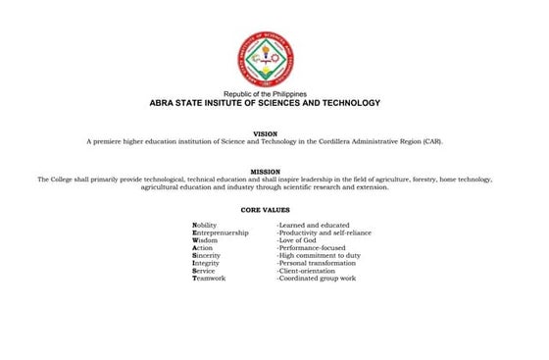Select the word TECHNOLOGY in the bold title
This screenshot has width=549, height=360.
(344, 102)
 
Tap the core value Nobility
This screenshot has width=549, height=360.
(208, 225)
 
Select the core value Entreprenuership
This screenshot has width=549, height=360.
(223, 232)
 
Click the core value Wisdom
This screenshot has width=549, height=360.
(207, 240)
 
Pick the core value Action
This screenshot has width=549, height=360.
(203, 248)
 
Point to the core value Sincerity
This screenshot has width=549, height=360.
(208, 255)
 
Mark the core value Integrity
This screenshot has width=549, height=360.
(208, 263)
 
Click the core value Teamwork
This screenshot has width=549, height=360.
(211, 279)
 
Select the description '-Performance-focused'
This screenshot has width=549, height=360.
(312, 248)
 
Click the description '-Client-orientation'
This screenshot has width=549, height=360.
(309, 271)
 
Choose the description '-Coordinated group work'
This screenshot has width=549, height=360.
(316, 279)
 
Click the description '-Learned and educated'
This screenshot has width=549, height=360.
(313, 225)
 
